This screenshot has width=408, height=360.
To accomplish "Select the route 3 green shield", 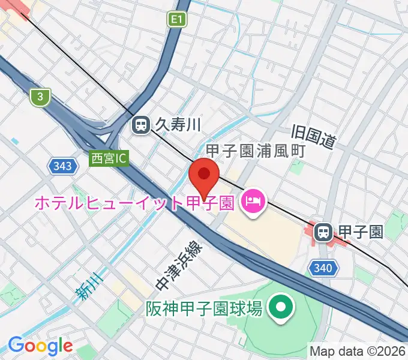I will [x=40, y=96].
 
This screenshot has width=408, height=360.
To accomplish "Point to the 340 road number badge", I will [x=322, y=268].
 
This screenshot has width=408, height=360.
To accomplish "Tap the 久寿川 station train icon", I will [x=141, y=125].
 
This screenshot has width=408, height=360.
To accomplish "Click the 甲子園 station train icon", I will [x=324, y=232].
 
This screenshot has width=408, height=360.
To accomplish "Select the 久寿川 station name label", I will [x=178, y=125].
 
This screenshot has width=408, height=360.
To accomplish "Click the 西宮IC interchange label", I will [x=109, y=159].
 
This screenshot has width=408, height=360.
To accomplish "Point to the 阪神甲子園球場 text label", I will [x=204, y=309].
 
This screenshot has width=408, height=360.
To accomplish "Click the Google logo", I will [x=40, y=346].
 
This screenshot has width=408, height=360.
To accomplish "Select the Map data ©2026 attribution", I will [x=358, y=350].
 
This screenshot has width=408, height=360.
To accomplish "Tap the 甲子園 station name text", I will [x=361, y=232].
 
